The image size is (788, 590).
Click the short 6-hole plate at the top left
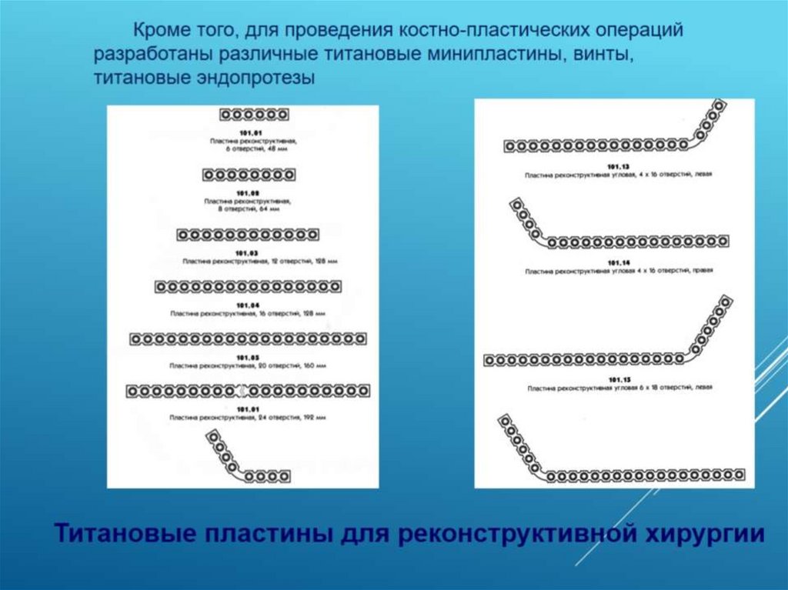pyautogui.click(x=254, y=115)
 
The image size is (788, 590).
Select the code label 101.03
pyautogui.click(x=247, y=253)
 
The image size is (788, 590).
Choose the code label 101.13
pyautogui.click(x=618, y=167)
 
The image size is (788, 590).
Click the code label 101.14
pyautogui.click(x=618, y=263)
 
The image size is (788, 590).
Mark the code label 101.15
pyautogui.click(x=618, y=379)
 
